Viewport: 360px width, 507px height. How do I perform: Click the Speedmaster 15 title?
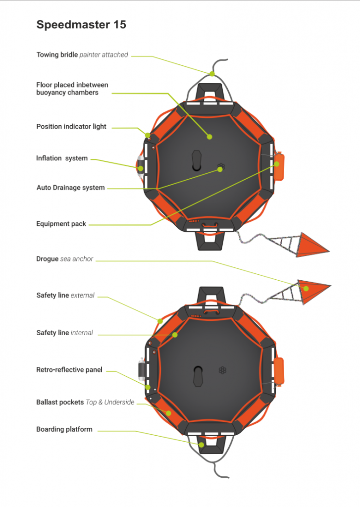coord(81,24)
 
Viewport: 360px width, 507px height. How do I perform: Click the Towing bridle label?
coord(82,54)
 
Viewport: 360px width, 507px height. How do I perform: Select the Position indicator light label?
coord(71,127)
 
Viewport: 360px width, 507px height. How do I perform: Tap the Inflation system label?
coord(62,158)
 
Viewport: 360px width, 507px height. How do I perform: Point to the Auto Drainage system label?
coord(71,188)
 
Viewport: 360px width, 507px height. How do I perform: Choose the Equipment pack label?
coord(61,224)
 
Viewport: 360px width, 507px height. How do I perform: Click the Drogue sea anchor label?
coord(65,259)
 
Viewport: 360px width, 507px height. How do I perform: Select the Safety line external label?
coord(65,296)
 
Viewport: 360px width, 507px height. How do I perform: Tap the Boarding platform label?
coord(64,429)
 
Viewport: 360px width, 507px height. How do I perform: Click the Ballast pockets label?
coord(85,402)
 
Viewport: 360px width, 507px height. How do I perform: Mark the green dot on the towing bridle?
coord(211,74)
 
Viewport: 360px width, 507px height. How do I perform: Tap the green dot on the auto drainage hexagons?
coord(220,169)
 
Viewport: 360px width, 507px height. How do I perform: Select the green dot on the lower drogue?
coord(306,288)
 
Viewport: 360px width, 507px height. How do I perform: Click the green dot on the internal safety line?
coord(175,335)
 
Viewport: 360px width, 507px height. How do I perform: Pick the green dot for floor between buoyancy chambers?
coord(209,136)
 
